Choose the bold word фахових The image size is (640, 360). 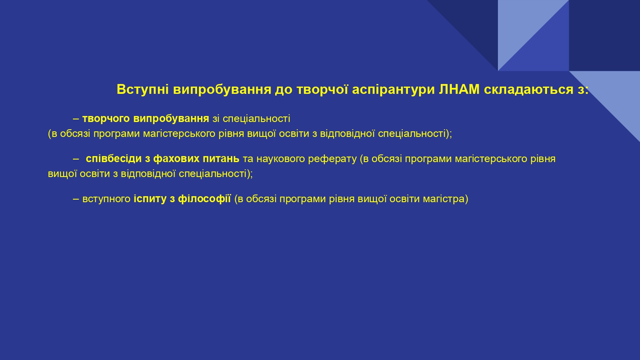tap(176, 159)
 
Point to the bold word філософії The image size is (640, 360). tap(204, 199)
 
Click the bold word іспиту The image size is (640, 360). tap(150, 199)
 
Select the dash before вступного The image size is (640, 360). tap(76, 199)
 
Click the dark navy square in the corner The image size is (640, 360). tap(604, 35)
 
